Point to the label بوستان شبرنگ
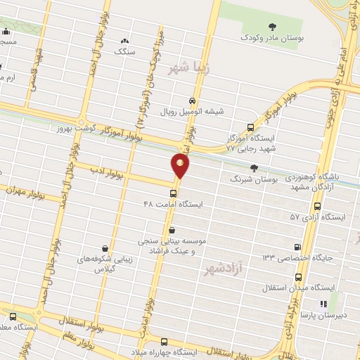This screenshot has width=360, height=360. tap(255, 179)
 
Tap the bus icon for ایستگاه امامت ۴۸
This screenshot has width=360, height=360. tap(174, 193)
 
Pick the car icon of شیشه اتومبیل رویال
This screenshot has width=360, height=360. tap(192, 101)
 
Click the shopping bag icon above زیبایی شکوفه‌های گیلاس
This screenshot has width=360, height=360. tap(105, 247)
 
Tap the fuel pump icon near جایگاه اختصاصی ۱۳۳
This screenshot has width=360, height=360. tap(297, 247)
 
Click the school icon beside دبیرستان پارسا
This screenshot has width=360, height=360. tap(323, 304)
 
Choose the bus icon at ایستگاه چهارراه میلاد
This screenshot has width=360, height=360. tap(164, 341)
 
